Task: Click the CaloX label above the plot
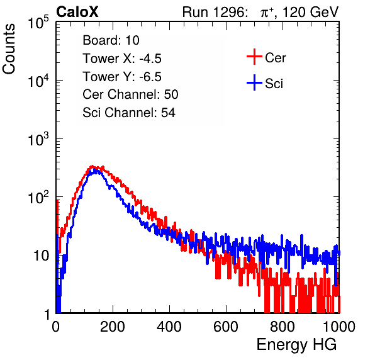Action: pyautogui.click(x=77, y=12)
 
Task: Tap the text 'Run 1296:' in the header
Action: pyautogui.click(x=215, y=12)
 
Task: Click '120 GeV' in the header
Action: pyautogui.click(x=311, y=12)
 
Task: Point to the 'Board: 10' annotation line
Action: pyautogui.click(x=111, y=40)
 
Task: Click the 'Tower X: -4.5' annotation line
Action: pyautogui.click(x=122, y=59)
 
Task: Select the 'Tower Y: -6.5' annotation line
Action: pyautogui.click(x=122, y=77)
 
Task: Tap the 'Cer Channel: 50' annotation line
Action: pyautogui.click(x=130, y=94)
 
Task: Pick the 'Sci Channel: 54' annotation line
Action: pyautogui.click(x=129, y=113)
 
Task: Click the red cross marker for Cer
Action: pyautogui.click(x=254, y=57)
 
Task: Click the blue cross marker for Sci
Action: pyautogui.click(x=254, y=83)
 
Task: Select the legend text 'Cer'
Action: pyautogui.click(x=275, y=58)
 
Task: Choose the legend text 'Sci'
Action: pyautogui.click(x=274, y=84)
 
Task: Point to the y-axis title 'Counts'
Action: pyautogui.click(x=9, y=49)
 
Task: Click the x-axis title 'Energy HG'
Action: pyautogui.click(x=296, y=345)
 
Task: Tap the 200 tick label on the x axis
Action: pyautogui.click(x=113, y=327)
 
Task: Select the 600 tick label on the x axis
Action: pyautogui.click(x=226, y=327)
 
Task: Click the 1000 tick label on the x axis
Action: pyautogui.click(x=339, y=327)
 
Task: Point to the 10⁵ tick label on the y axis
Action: pyautogui.click(x=38, y=23)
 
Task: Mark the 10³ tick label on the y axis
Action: pyautogui.click(x=38, y=139)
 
